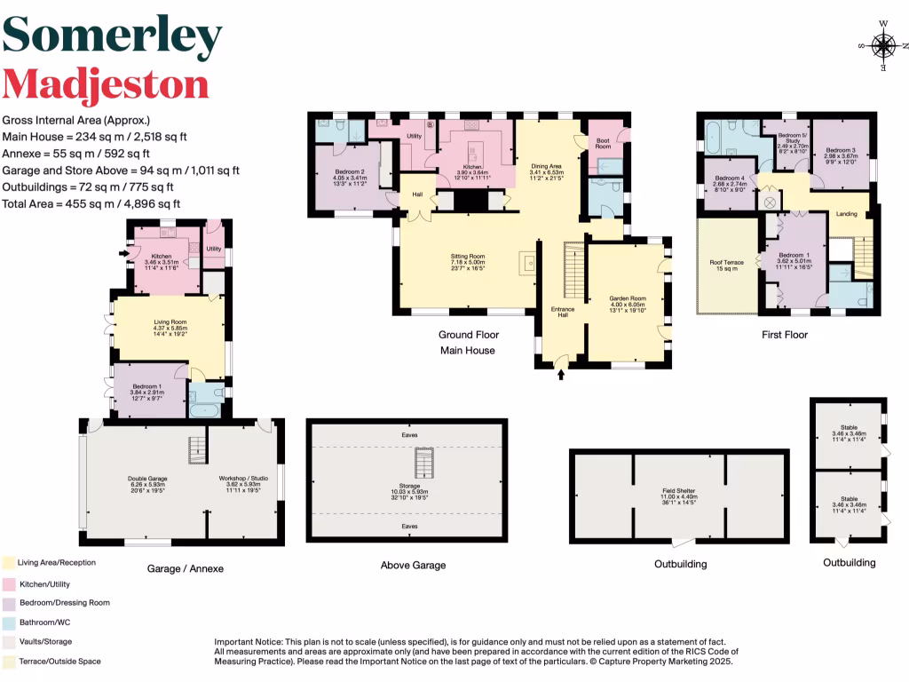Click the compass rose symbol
[x=884, y=44]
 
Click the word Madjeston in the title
[x=106, y=85]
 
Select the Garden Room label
[x=627, y=299]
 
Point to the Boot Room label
[x=603, y=143]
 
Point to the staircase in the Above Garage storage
[x=423, y=462]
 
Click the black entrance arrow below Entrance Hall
[x=560, y=376]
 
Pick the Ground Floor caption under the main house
[x=468, y=335]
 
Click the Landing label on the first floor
[x=847, y=213]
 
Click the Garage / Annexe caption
[x=186, y=568]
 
